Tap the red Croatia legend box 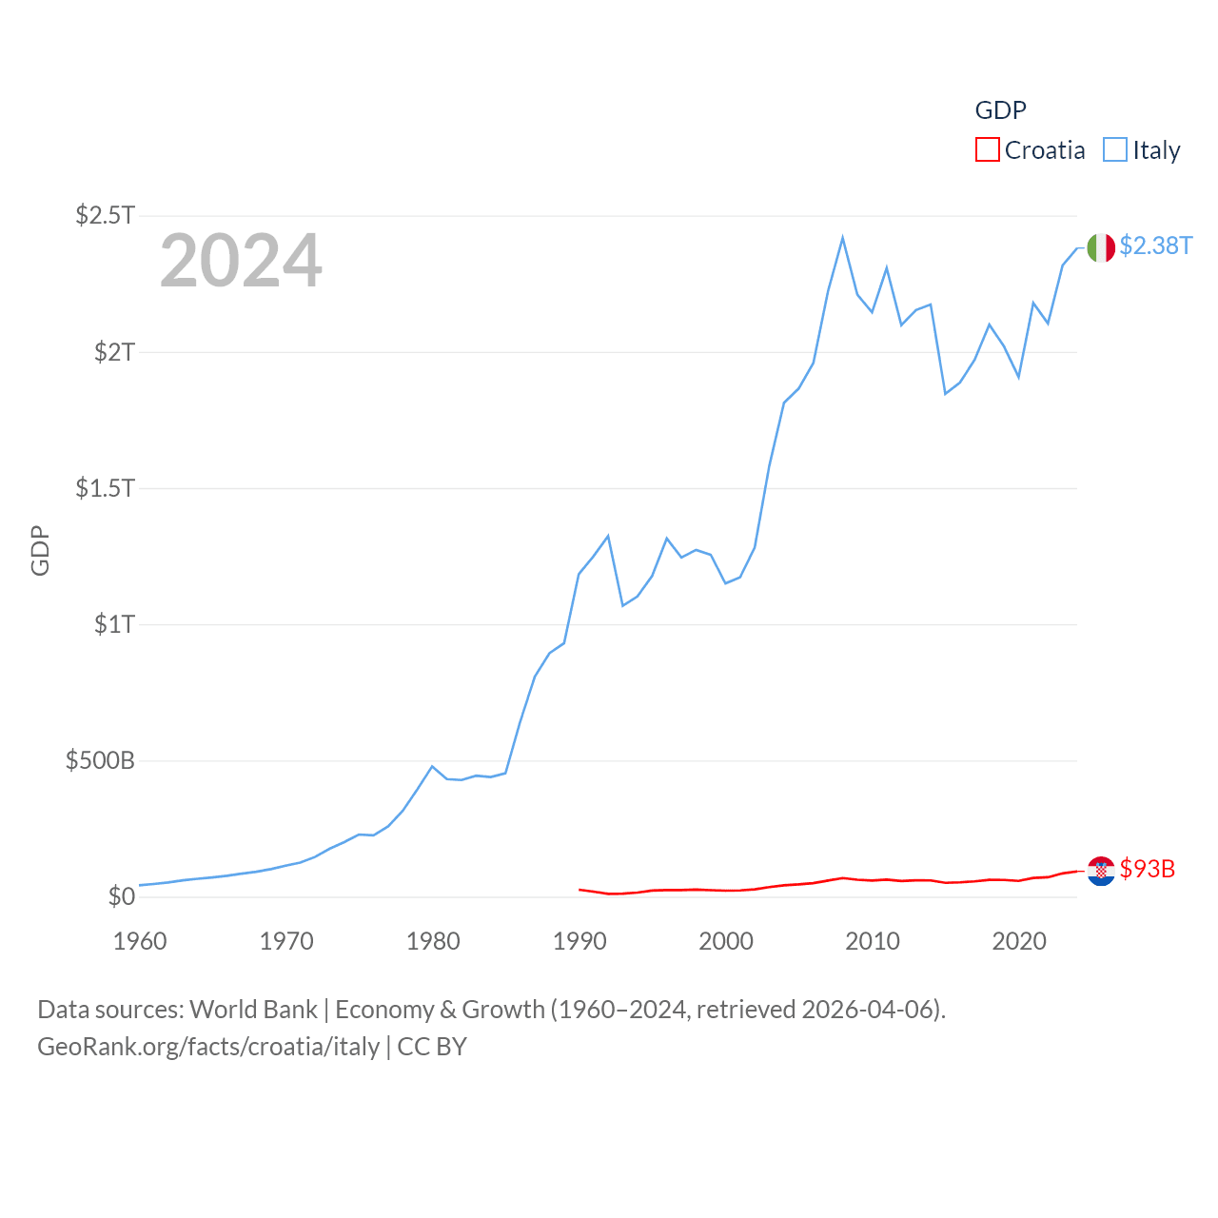point(988,150)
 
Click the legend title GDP point(1000,110)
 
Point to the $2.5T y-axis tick point(105,215)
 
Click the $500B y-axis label point(100,760)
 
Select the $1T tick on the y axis point(114,624)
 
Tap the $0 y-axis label point(121,896)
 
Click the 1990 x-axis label point(580,941)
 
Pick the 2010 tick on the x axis point(873,941)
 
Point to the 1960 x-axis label point(140,941)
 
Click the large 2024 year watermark point(241,261)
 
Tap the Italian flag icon point(1101,247)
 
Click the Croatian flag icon point(1101,871)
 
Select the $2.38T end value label point(1155,246)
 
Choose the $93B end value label point(1147,869)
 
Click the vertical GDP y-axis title point(40,550)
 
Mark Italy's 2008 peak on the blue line point(843,238)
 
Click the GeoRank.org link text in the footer point(208,1047)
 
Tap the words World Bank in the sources point(254,1009)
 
